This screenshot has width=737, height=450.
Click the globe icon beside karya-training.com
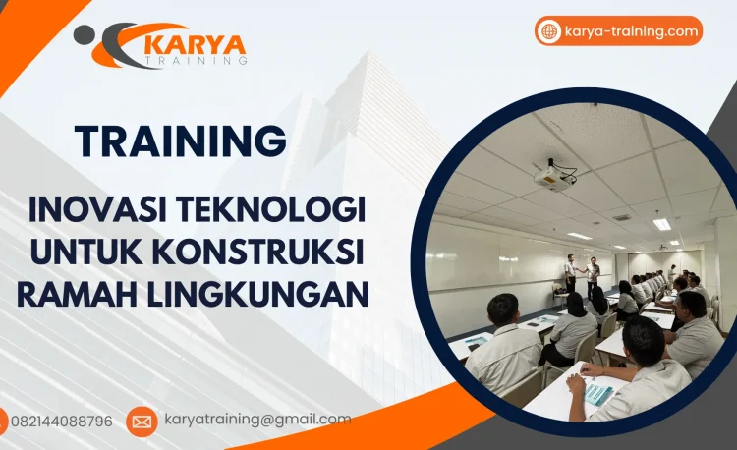point(549,31)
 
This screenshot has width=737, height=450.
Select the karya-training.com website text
point(631,31)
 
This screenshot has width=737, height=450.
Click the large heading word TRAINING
point(181,141)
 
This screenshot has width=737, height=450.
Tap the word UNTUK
point(84,251)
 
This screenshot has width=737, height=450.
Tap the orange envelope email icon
point(142,422)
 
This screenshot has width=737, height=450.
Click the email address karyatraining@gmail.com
point(257,420)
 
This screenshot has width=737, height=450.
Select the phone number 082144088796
point(61,422)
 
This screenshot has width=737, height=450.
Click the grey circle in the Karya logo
point(85,35)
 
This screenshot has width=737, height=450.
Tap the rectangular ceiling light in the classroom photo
point(662,224)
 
